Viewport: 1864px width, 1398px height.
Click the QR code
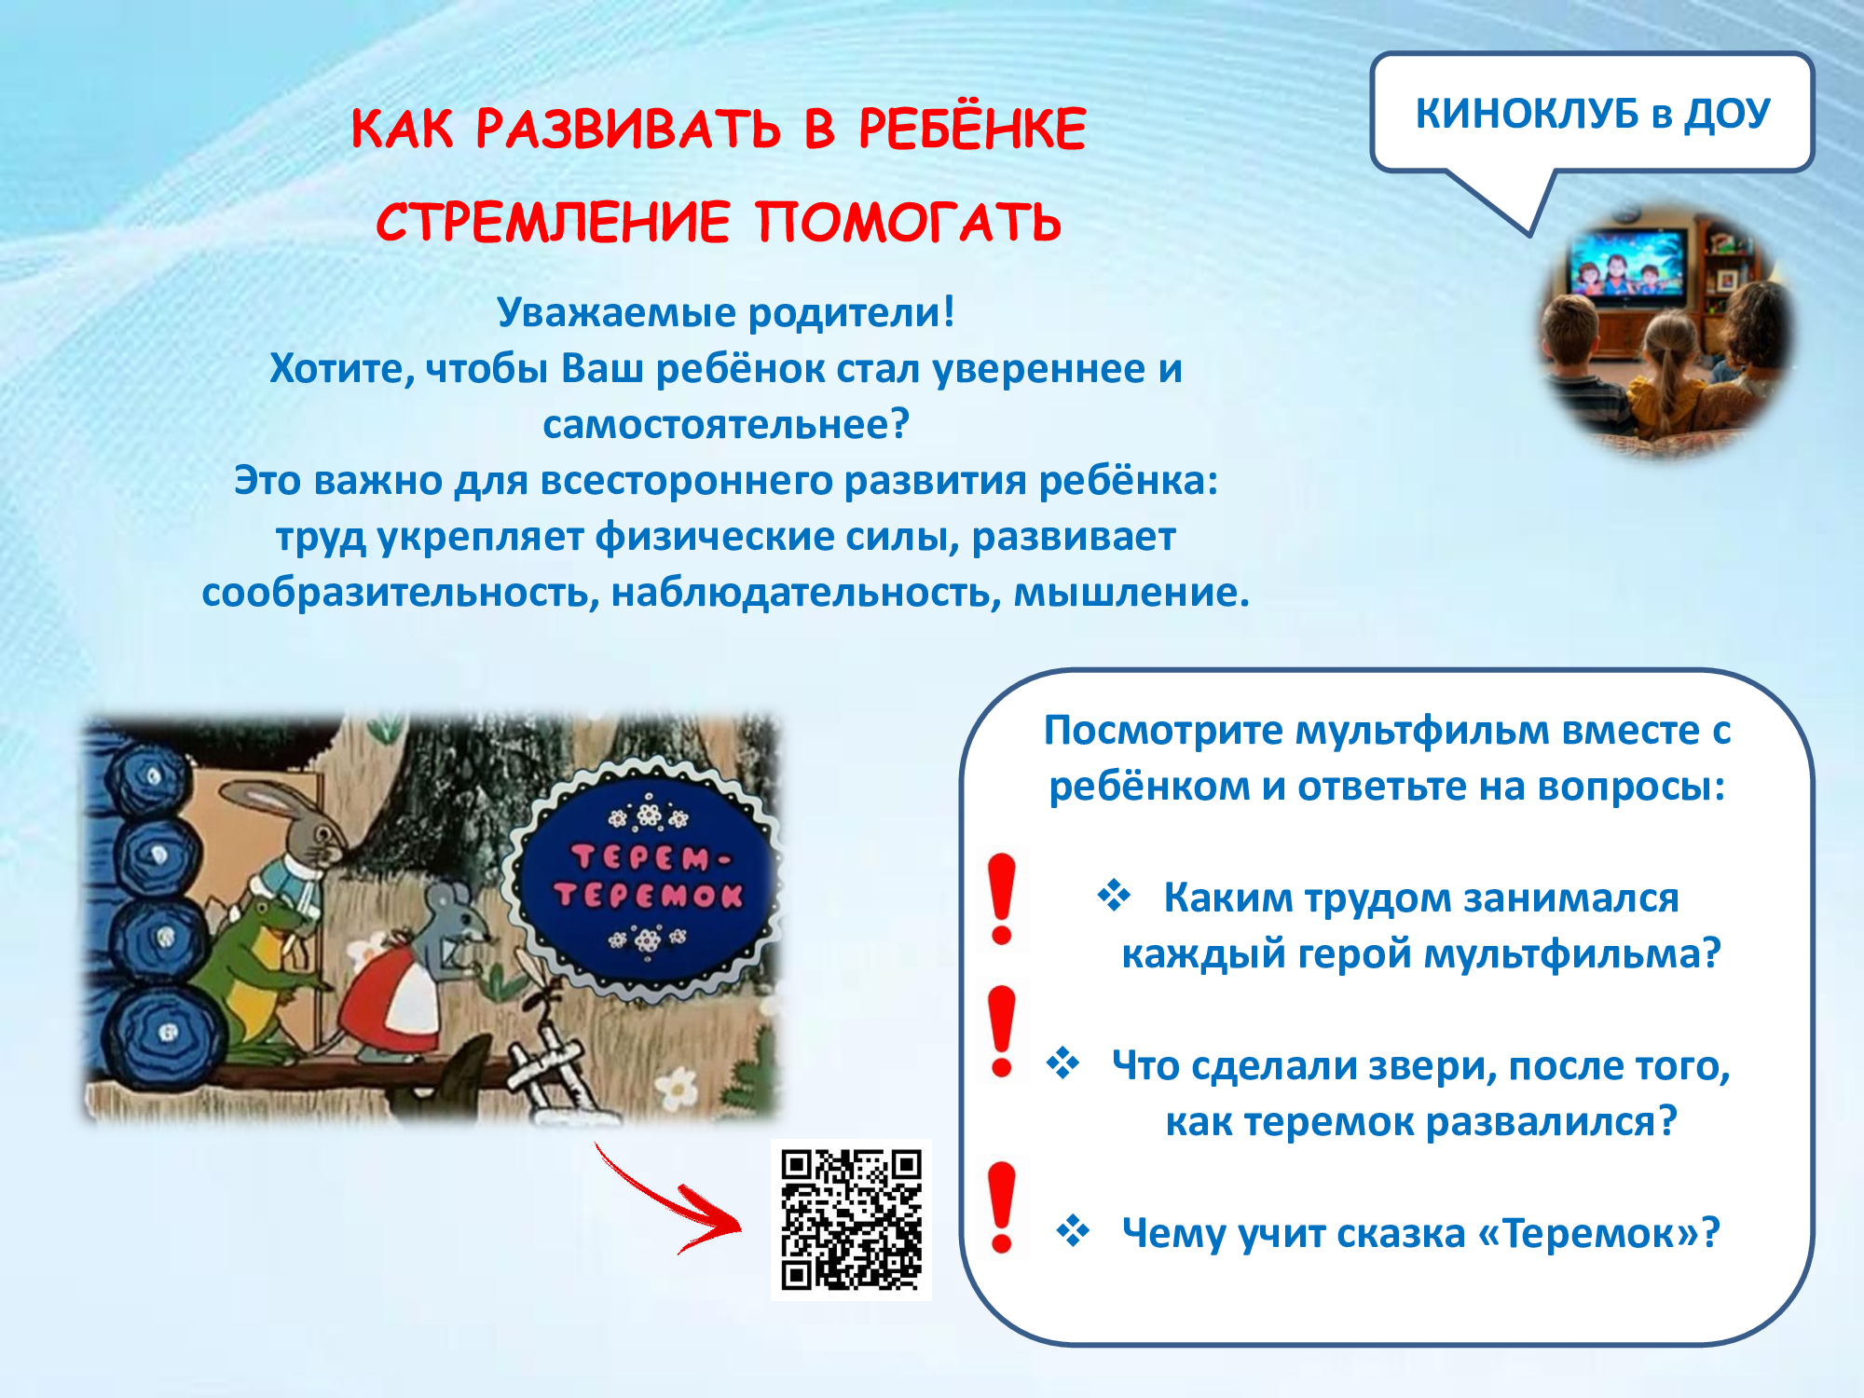(x=851, y=1220)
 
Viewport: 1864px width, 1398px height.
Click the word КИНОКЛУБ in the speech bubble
(x=1527, y=114)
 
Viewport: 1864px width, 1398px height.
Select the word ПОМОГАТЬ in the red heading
(x=908, y=222)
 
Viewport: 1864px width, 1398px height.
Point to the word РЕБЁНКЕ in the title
(x=972, y=128)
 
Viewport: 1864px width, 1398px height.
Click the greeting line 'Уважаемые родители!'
(x=725, y=312)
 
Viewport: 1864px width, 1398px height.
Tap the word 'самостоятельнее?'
(x=725, y=425)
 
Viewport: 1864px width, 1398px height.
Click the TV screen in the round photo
(x=1627, y=264)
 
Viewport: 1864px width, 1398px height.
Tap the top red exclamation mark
(x=1002, y=898)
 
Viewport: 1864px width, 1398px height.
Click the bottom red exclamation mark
(x=1002, y=1207)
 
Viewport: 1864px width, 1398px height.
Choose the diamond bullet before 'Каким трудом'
(x=1114, y=896)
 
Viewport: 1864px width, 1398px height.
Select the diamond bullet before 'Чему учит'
(x=1073, y=1231)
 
